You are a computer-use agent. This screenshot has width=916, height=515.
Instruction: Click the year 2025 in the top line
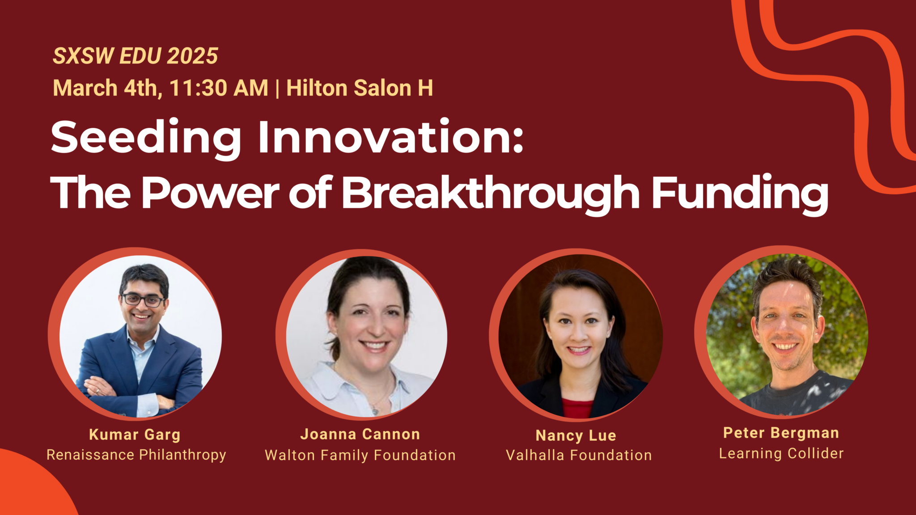point(192,56)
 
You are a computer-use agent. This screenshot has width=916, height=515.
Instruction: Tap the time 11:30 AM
point(219,88)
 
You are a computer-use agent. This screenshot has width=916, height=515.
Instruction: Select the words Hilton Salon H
point(360,88)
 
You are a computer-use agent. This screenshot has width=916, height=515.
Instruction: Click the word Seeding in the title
point(146,138)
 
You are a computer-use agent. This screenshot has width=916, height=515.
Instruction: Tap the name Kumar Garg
point(135,435)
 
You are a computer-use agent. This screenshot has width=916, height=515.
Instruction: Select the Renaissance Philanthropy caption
point(136,455)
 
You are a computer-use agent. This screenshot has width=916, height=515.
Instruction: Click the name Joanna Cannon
point(360,434)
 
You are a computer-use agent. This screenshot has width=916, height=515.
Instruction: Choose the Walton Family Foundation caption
point(360,455)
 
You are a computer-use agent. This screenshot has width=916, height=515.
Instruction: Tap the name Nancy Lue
point(576,435)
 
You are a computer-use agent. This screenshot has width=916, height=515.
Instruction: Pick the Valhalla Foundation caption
point(579,455)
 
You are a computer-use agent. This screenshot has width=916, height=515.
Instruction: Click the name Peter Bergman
point(781,433)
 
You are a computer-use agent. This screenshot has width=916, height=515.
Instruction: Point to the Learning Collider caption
point(781,453)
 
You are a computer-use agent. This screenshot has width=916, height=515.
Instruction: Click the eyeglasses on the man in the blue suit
point(144,300)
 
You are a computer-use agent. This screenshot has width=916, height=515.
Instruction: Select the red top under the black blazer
point(577,408)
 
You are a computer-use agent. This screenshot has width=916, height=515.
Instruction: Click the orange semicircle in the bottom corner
point(31,487)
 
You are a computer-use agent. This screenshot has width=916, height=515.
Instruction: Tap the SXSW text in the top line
point(84,56)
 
